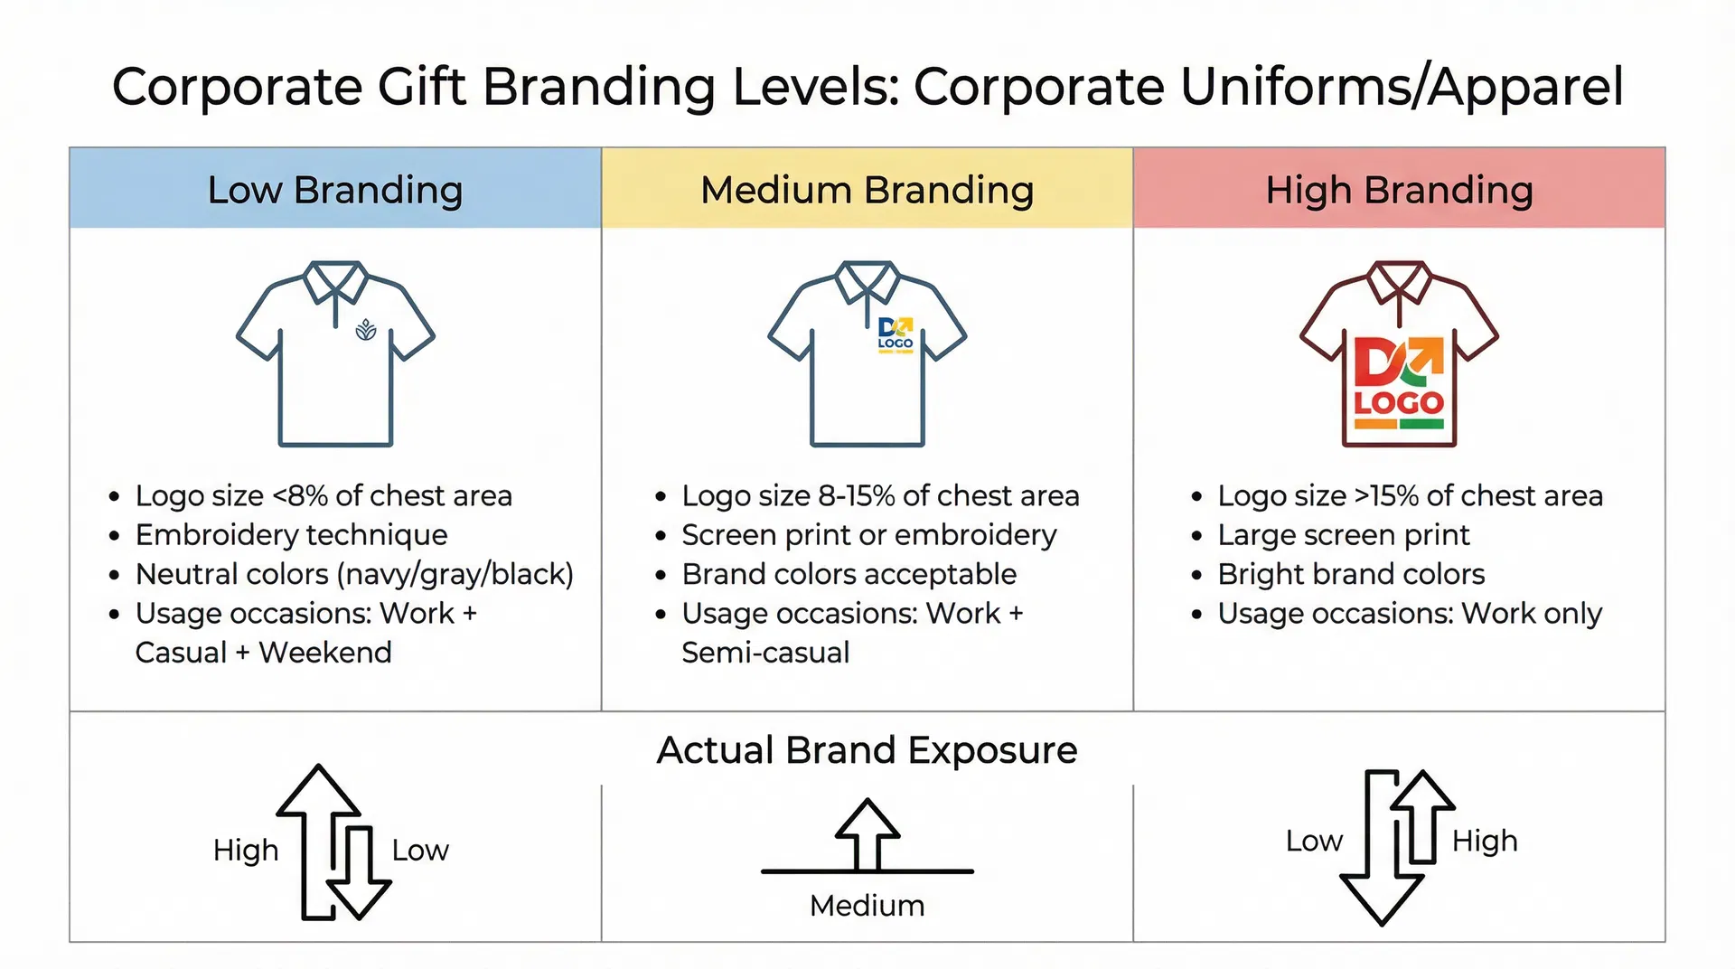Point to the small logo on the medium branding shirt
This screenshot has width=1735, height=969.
[896, 334]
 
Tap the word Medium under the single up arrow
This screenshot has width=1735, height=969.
[867, 906]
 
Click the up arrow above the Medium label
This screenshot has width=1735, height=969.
[867, 834]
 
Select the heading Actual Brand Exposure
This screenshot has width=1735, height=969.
[867, 750]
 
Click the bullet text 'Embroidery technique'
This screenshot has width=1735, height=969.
[291, 535]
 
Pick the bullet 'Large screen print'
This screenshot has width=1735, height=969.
[1343, 535]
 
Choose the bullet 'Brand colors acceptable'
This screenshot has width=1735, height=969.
[849, 574]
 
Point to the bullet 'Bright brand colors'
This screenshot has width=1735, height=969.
[1351, 574]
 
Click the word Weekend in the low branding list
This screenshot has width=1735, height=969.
[325, 653]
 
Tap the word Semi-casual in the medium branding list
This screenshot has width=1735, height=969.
[765, 653]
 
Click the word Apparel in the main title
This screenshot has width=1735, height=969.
[1526, 88]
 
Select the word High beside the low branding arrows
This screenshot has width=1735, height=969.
[246, 851]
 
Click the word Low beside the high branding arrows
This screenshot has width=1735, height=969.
[1314, 841]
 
